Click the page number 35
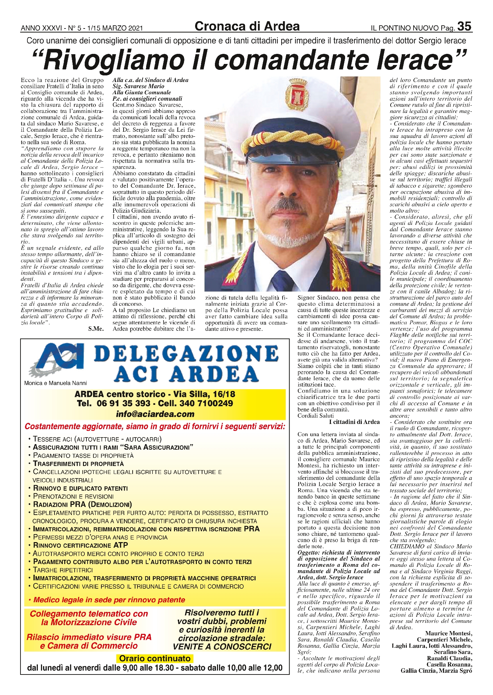point(464,26)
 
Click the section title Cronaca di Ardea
point(247,26)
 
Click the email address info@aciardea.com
point(155,414)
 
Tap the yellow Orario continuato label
point(155,659)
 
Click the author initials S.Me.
point(96,329)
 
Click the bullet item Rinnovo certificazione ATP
point(80,545)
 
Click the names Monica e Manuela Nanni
point(56,383)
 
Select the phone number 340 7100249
point(208,403)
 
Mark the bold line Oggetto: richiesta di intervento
point(339,552)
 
